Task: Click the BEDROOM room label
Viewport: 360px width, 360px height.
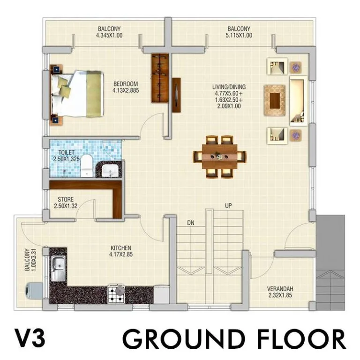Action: click(126, 84)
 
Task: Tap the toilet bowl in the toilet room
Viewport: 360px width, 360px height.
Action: click(87, 165)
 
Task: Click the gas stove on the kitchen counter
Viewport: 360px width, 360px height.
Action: click(116, 294)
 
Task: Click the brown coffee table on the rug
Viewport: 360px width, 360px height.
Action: click(275, 101)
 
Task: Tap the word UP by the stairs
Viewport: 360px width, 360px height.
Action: click(228, 206)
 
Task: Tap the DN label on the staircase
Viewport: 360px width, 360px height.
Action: click(191, 223)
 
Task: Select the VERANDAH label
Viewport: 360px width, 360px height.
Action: click(280, 289)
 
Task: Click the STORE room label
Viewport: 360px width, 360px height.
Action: click(66, 199)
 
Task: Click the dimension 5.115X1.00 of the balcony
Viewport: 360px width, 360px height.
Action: click(239, 35)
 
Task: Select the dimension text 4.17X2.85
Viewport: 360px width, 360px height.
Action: click(121, 255)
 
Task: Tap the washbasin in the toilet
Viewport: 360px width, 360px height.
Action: click(110, 170)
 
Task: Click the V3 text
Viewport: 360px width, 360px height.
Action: click(30, 337)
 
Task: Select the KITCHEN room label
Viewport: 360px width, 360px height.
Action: click(121, 248)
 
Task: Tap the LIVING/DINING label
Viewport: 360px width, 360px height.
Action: click(229, 87)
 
